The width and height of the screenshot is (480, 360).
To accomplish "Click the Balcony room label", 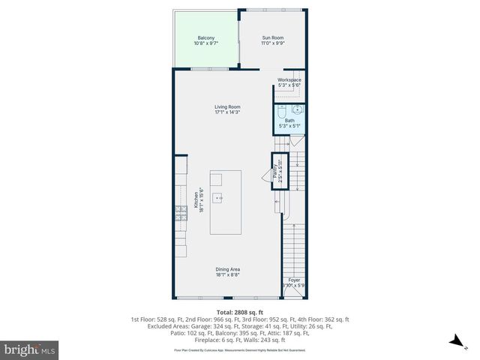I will pyautogui.click(x=206, y=38).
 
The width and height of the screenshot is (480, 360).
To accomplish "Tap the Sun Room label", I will pyautogui.click(x=272, y=37).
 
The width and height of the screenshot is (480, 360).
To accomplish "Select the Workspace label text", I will pyautogui.click(x=289, y=80).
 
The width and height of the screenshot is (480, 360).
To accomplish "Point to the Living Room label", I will pyautogui.click(x=227, y=107).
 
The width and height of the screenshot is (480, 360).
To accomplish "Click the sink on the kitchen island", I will pyautogui.click(x=218, y=199).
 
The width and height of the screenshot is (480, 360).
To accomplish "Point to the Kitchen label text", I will pyautogui.click(x=196, y=200).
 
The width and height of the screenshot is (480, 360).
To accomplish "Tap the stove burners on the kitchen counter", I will pyautogui.click(x=181, y=213).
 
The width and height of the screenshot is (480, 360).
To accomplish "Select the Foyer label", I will pyautogui.click(x=295, y=280).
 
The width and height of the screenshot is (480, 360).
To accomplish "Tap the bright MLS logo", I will pyautogui.click(x=30, y=350).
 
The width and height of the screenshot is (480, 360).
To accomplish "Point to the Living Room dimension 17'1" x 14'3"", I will pyautogui.click(x=227, y=112).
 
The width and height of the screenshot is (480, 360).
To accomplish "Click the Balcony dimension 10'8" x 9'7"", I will pyautogui.click(x=206, y=43).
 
